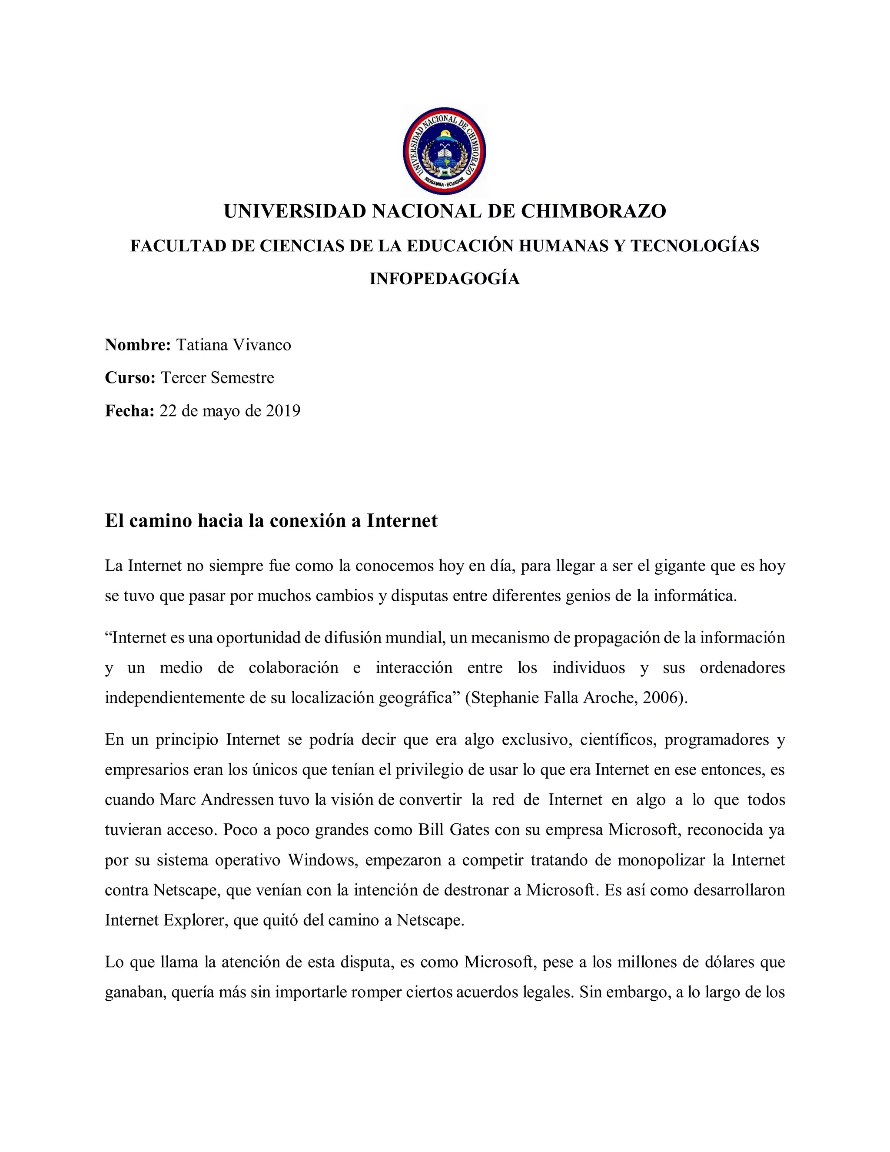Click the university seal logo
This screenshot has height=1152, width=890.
coord(444,151)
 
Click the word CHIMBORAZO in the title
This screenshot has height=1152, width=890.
coord(594,211)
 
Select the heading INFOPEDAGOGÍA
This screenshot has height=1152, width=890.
coord(445,279)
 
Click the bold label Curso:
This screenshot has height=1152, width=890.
coord(130,378)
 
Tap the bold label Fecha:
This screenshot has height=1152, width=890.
coord(129,410)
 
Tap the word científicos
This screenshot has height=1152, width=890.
coord(618,740)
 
